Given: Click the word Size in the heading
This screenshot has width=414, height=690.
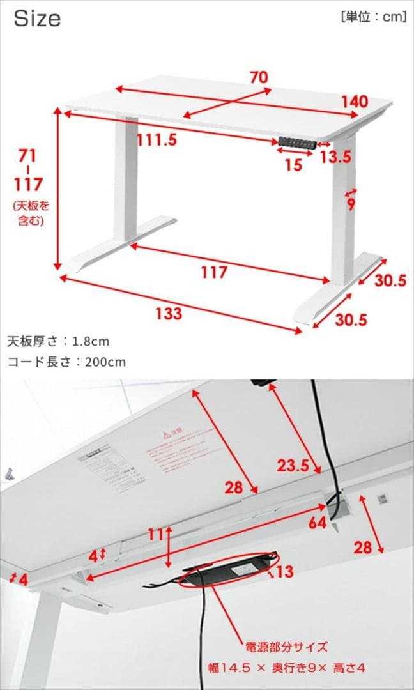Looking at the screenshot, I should tap(37, 19).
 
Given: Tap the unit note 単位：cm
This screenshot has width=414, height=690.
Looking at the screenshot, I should tap(374, 17).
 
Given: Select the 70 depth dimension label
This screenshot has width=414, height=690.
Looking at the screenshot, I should tap(258, 77).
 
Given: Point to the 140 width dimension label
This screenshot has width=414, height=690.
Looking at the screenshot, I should tap(354, 102).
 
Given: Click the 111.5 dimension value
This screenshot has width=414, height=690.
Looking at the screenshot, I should tap(156, 140).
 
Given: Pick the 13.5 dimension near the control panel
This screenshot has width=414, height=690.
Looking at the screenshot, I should tap(335, 157).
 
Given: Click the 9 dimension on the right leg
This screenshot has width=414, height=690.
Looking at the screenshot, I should tap(351, 204).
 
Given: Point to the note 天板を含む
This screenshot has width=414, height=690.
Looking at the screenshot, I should tap(30, 213).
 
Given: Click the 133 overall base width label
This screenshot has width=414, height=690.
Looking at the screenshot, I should tap(168, 313).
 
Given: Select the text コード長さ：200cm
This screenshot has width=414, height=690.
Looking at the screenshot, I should tap(66, 362).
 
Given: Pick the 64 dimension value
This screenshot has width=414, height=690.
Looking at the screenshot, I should tap(318, 523).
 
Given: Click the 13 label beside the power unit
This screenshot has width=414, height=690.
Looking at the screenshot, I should tap(284, 571).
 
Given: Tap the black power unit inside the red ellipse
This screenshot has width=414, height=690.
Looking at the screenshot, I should tap(230, 570).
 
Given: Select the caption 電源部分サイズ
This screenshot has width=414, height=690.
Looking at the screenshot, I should tap(286, 646).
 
